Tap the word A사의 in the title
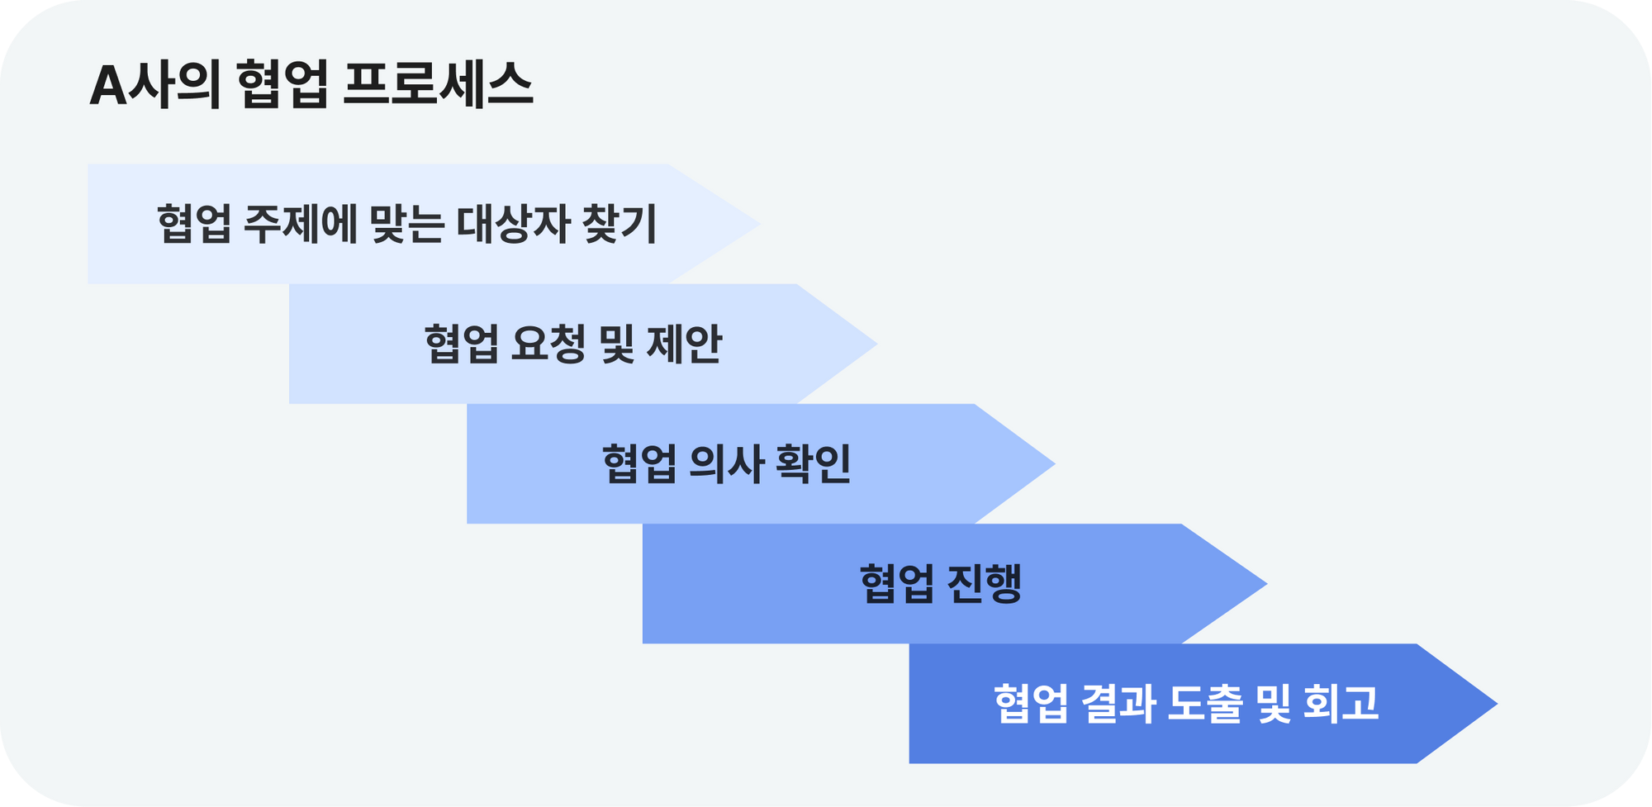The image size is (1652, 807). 155,85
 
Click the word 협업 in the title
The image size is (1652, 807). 282,85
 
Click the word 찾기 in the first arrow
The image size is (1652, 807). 619,224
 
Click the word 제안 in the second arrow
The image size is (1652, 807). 684,344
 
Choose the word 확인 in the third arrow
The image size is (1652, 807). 813,463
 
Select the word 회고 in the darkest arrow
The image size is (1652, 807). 1341,704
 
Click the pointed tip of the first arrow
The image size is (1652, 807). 759,224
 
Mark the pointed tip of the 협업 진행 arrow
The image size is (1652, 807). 1266,583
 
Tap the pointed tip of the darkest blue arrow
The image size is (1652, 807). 1497,704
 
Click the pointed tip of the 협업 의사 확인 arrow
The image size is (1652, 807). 1055,463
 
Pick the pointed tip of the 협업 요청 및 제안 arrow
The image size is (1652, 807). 876,344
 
